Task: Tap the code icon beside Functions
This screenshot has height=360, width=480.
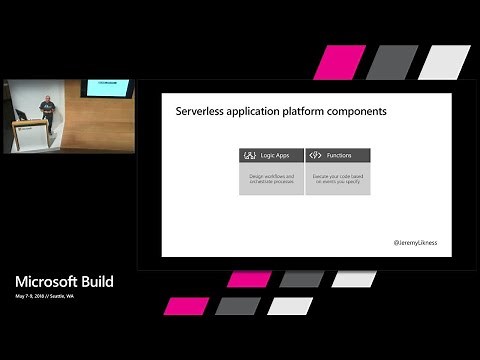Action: point(315,156)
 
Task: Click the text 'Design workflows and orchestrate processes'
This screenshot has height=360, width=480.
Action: point(270,179)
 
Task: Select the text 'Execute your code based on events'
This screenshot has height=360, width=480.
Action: point(337,179)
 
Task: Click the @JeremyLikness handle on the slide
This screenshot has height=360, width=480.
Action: point(416,243)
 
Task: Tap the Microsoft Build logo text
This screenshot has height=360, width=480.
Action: point(63,282)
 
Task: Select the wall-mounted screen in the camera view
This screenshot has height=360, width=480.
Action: point(107,88)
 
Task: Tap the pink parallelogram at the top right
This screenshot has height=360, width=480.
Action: point(339,62)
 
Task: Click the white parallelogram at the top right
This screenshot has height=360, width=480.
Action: point(444,62)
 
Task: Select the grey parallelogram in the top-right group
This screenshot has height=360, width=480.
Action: point(391,62)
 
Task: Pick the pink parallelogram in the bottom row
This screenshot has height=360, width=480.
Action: point(185,305)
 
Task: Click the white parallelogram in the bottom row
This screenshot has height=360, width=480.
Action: point(289,305)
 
